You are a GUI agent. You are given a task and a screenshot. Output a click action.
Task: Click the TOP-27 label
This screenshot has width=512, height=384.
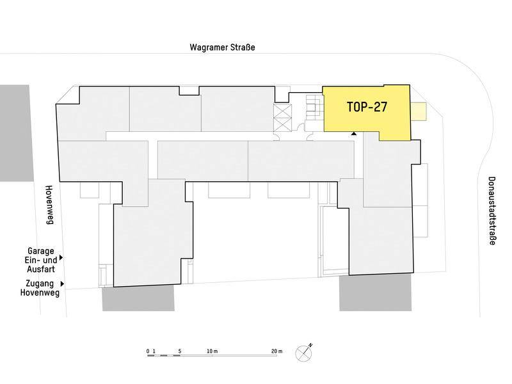tap(367, 107)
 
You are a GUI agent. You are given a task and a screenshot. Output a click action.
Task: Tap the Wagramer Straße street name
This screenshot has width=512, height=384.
tap(222, 47)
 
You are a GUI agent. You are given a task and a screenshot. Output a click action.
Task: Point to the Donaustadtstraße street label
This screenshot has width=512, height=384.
tap(492, 211)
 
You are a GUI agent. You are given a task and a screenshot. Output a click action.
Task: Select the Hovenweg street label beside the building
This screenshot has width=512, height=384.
tap(49, 205)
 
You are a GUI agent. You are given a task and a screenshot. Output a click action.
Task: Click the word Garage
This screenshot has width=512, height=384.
tap(41, 251)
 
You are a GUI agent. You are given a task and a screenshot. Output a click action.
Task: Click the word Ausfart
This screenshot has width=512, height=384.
tap(41, 269)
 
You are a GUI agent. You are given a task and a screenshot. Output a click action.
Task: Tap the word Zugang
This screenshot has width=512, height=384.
tap(40, 284)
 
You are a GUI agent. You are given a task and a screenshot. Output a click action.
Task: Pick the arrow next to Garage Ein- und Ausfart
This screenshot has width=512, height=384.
tap(61, 258)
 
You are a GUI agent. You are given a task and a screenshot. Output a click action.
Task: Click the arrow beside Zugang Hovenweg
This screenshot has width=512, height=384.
tap(62, 284)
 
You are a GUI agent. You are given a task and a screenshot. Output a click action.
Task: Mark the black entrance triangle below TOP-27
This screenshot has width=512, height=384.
tap(354, 133)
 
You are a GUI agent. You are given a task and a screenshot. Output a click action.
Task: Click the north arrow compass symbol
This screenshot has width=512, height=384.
tap(304, 353)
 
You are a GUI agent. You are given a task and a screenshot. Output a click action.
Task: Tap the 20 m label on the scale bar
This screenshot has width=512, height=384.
tap(276, 351)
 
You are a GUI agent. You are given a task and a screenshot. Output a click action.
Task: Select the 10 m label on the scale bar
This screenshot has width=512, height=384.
tap(212, 351)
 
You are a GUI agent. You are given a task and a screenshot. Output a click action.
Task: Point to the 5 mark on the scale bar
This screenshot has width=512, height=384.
tap(180, 351)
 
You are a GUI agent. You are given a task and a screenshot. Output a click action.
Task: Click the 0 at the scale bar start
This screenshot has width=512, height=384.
tap(148, 351)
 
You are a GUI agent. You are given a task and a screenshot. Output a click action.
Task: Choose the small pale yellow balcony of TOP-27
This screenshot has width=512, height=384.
tap(419, 111)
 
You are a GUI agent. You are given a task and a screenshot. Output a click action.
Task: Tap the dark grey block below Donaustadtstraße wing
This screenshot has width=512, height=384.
tap(376, 293)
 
